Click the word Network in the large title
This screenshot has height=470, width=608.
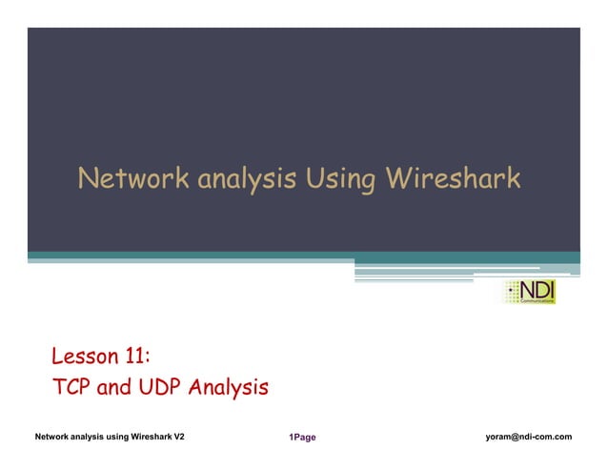coord(132,178)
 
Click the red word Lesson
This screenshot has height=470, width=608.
coord(85,358)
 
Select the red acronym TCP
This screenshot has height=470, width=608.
coord(70,388)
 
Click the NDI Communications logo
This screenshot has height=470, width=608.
coord(531,292)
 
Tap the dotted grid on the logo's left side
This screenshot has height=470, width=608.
coord(513,293)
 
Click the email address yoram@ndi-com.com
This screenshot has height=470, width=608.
coord(528,437)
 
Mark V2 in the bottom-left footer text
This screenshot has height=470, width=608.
coord(178,437)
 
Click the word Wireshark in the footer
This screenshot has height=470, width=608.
coord(144,437)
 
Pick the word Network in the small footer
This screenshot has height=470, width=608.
coord(53,437)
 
